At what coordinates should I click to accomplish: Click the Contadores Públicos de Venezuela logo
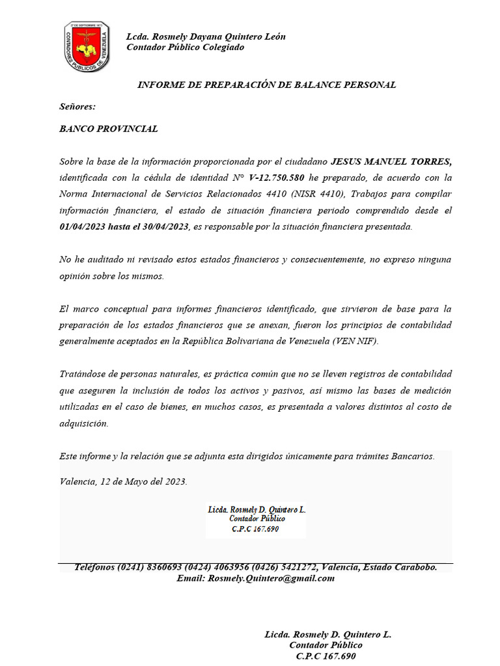click(86, 47)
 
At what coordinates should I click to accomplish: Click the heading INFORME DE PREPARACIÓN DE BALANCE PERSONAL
click(266, 85)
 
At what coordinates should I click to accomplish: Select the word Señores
click(77, 106)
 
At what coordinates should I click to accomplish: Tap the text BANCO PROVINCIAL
click(108, 129)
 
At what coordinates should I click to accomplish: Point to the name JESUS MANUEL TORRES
click(391, 161)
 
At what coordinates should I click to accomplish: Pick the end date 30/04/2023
click(161, 226)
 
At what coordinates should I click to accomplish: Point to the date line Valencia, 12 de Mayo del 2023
click(123, 482)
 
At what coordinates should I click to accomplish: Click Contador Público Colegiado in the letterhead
click(186, 47)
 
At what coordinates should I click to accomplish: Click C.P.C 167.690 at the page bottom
click(326, 656)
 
